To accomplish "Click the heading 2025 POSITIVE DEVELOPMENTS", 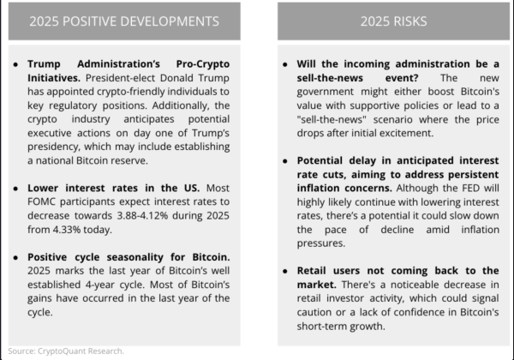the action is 124,21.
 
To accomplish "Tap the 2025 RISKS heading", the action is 394,21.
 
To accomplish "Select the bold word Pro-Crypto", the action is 203,64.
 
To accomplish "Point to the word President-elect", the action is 120,78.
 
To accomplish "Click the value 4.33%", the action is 67,230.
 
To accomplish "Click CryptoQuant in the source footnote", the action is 57,351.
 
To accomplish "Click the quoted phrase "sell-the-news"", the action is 332,119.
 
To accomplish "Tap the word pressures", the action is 321,243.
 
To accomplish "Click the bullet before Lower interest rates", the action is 15,189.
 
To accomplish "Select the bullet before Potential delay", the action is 285,161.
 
